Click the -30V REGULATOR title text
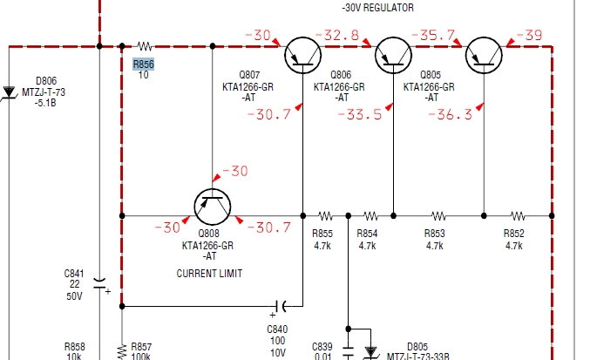pos(378,8)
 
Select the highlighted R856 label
pos(143,64)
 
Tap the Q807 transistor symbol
pos(302,56)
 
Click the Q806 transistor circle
pos(393,56)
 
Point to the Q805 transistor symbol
pos(484,56)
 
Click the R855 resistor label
pos(322,234)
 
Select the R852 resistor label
pos(514,234)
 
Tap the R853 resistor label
pos(434,234)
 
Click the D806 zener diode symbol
pos(9,91)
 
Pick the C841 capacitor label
pos(74,274)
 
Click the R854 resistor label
pos(367,234)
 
